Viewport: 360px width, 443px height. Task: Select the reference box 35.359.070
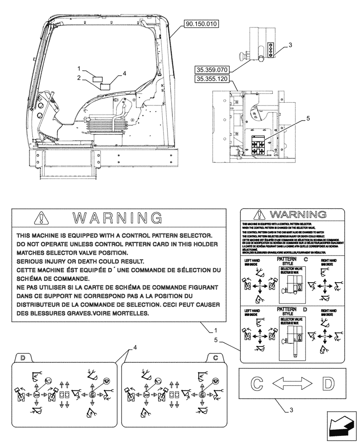coord(213,70)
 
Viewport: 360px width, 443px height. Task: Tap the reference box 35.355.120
coord(213,79)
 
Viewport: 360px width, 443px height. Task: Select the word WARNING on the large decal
coord(117,218)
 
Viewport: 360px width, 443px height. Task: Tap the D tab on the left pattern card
coord(23,358)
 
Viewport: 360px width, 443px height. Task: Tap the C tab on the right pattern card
coord(215,358)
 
